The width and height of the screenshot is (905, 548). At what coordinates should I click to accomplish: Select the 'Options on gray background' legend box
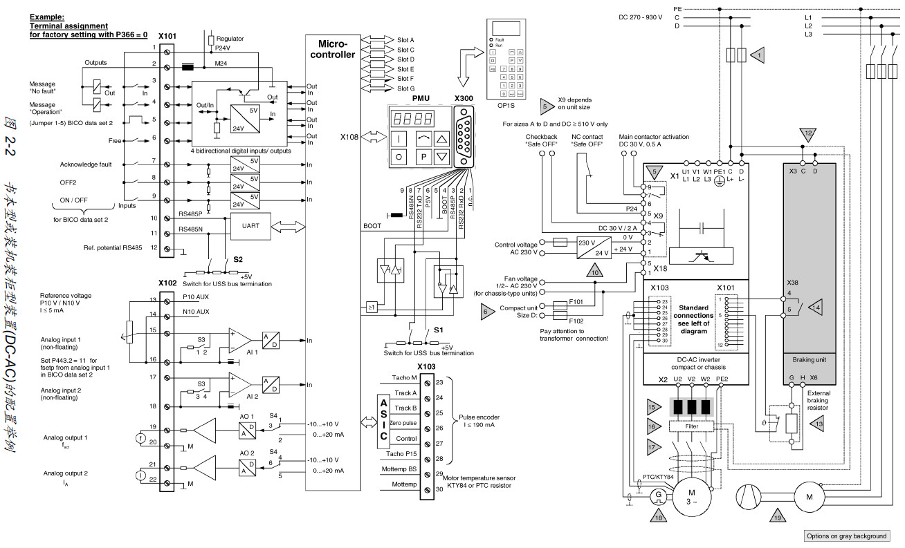(845, 536)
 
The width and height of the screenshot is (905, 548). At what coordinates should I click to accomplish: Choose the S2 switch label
(237, 259)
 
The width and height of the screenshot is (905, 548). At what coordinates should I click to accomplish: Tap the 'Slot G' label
(406, 88)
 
